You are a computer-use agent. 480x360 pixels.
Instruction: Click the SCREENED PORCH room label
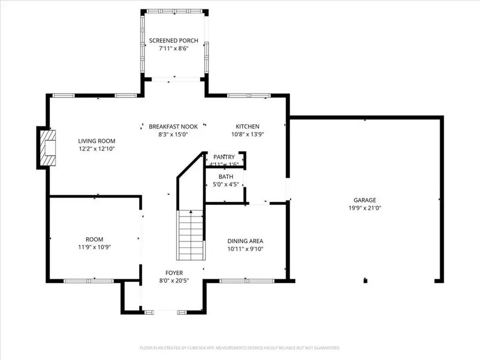tap(173, 41)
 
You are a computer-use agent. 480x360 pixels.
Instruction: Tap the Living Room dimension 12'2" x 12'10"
tap(97, 149)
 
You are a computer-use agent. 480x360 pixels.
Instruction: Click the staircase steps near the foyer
tap(190, 234)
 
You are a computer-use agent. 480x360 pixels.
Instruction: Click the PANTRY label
tap(224, 157)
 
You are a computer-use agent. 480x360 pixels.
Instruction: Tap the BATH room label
tap(226, 177)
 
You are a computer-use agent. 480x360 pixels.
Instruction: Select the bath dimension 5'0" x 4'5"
tap(226, 185)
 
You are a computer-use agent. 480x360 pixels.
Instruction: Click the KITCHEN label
tap(247, 126)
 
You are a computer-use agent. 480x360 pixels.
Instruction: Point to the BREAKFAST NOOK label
tap(173, 126)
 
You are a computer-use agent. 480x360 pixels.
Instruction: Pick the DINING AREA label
tap(245, 241)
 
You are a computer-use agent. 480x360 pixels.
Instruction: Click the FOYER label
tap(173, 273)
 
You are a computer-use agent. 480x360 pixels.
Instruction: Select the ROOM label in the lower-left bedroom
tap(94, 239)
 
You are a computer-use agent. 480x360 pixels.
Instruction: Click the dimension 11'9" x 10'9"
tap(94, 247)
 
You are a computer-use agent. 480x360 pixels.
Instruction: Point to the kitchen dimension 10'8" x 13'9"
tap(247, 134)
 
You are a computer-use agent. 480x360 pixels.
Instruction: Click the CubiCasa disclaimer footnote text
tap(239, 348)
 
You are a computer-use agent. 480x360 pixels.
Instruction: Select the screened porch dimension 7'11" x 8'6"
tap(173, 49)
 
